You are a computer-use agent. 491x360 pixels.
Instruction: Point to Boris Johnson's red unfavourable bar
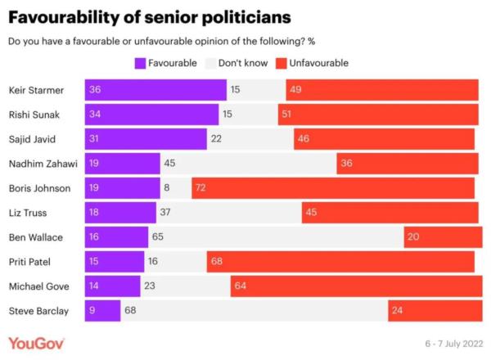333,188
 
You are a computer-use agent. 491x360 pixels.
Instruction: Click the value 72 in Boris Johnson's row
200,188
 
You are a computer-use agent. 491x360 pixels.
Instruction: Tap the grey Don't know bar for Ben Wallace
276,237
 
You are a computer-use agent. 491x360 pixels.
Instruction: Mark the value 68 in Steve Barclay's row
128,311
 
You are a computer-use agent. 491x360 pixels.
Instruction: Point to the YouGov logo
36,342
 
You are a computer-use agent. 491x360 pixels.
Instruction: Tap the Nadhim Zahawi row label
42,164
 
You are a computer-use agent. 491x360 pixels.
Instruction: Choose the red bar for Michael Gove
354,286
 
